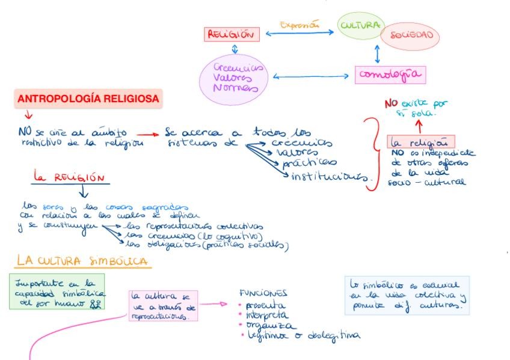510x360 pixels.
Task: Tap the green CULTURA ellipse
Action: [x=360, y=26]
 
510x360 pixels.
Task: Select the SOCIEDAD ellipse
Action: [x=411, y=35]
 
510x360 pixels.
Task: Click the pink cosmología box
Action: [x=390, y=75]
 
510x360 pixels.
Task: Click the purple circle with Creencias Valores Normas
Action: [x=233, y=78]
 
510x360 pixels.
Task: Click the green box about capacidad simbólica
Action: [x=57, y=291]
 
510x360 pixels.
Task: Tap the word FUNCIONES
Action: [x=263, y=293]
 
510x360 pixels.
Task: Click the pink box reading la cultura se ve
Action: [x=162, y=306]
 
